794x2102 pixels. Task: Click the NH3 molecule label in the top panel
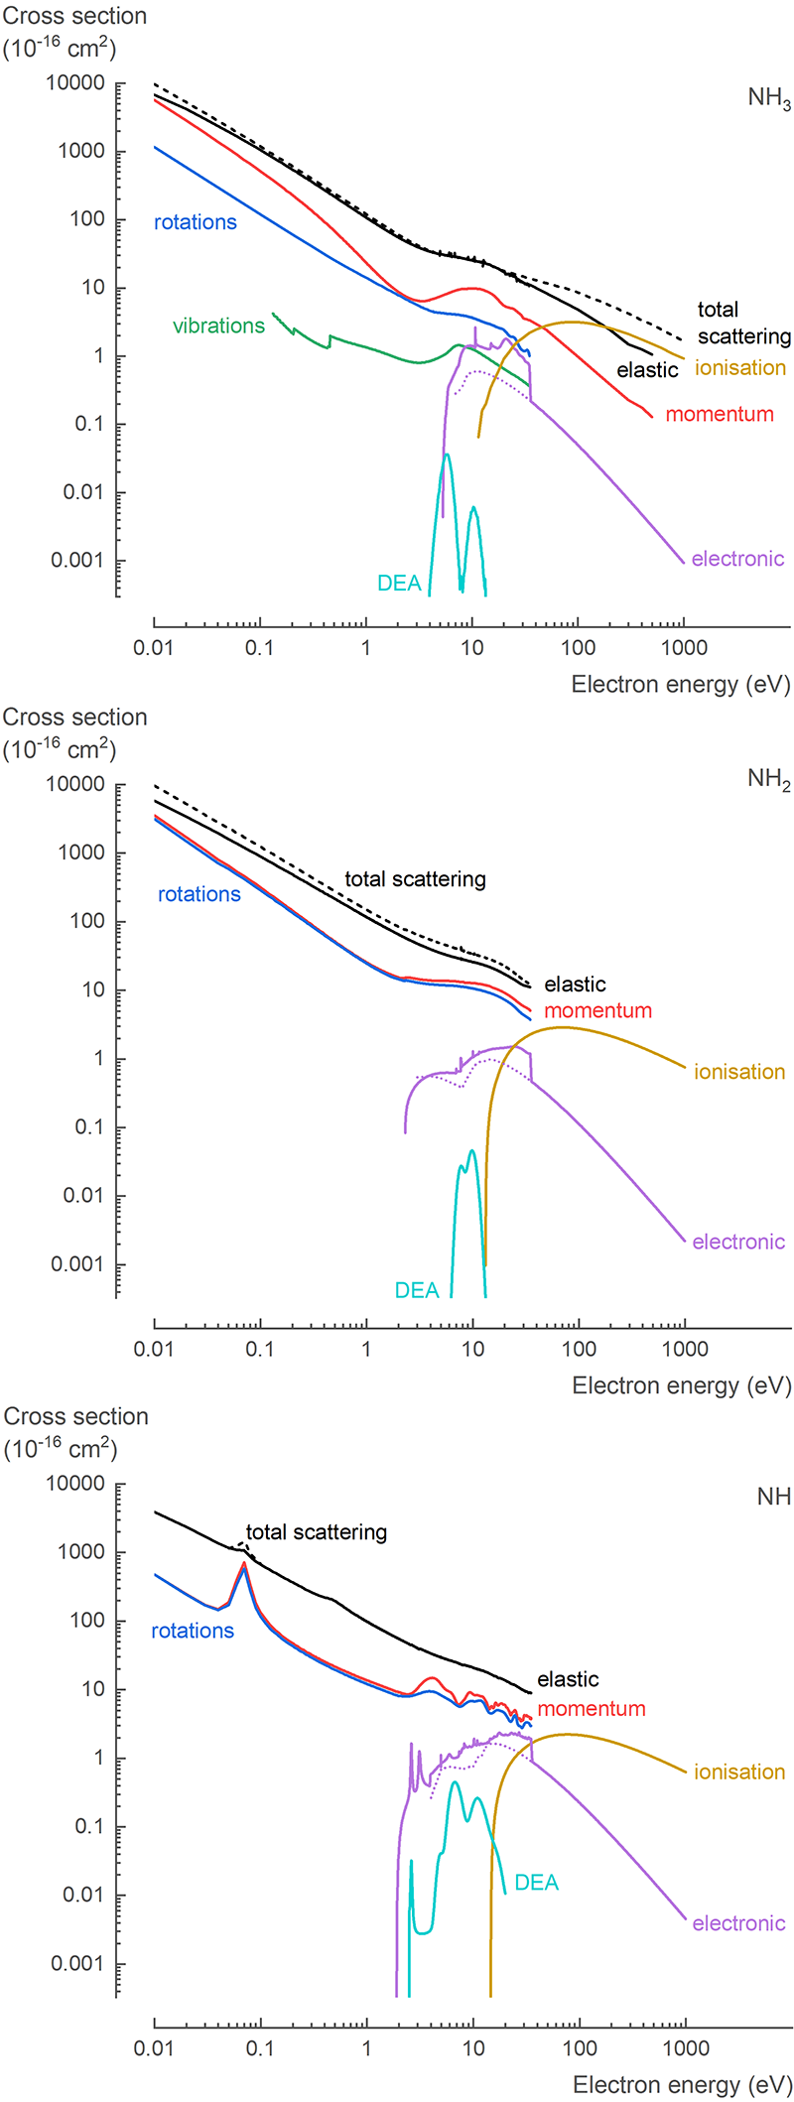click(x=769, y=99)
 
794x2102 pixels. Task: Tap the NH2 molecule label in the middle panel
click(x=769, y=780)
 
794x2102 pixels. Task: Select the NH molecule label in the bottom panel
click(x=773, y=1497)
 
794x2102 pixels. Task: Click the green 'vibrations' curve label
click(x=218, y=327)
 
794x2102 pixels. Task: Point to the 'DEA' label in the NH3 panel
click(x=399, y=584)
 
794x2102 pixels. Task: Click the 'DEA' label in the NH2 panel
click(x=417, y=1290)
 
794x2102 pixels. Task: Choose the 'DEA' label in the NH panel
click(x=537, y=1883)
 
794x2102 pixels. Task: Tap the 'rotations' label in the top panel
click(x=196, y=222)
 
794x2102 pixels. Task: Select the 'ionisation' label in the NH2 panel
click(x=739, y=1072)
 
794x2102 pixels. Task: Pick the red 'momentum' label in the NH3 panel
click(x=720, y=415)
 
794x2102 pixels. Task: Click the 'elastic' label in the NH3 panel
click(x=647, y=370)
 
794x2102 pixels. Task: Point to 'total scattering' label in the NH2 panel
click(x=415, y=879)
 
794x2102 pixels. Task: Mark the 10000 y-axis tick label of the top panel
click(x=75, y=83)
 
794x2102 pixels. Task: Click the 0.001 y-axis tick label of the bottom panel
click(x=77, y=1963)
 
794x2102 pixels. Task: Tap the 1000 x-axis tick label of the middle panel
click(x=685, y=1350)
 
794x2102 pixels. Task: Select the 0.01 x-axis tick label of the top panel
click(x=154, y=649)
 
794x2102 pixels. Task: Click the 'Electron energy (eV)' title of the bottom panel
click(x=682, y=2085)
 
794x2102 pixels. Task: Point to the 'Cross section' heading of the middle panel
click(x=75, y=718)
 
